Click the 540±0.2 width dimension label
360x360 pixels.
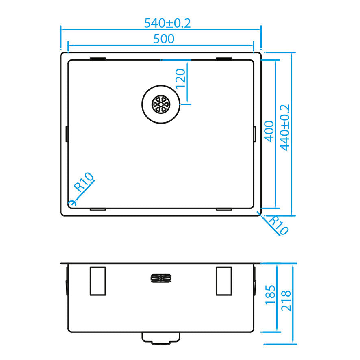167,23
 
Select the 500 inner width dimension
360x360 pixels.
164,39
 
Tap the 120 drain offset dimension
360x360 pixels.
181,78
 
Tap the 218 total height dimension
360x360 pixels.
286,300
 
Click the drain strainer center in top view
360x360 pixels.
160,104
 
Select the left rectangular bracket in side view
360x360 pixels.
98,281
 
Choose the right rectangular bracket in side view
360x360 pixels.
224,281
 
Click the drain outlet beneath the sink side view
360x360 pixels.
160,338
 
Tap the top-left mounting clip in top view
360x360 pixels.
98,59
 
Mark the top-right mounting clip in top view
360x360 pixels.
224,59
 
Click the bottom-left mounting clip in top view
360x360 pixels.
98,209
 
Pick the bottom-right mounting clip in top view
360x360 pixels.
224,209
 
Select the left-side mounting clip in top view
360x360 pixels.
67,134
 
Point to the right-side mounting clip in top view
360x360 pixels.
255,134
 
